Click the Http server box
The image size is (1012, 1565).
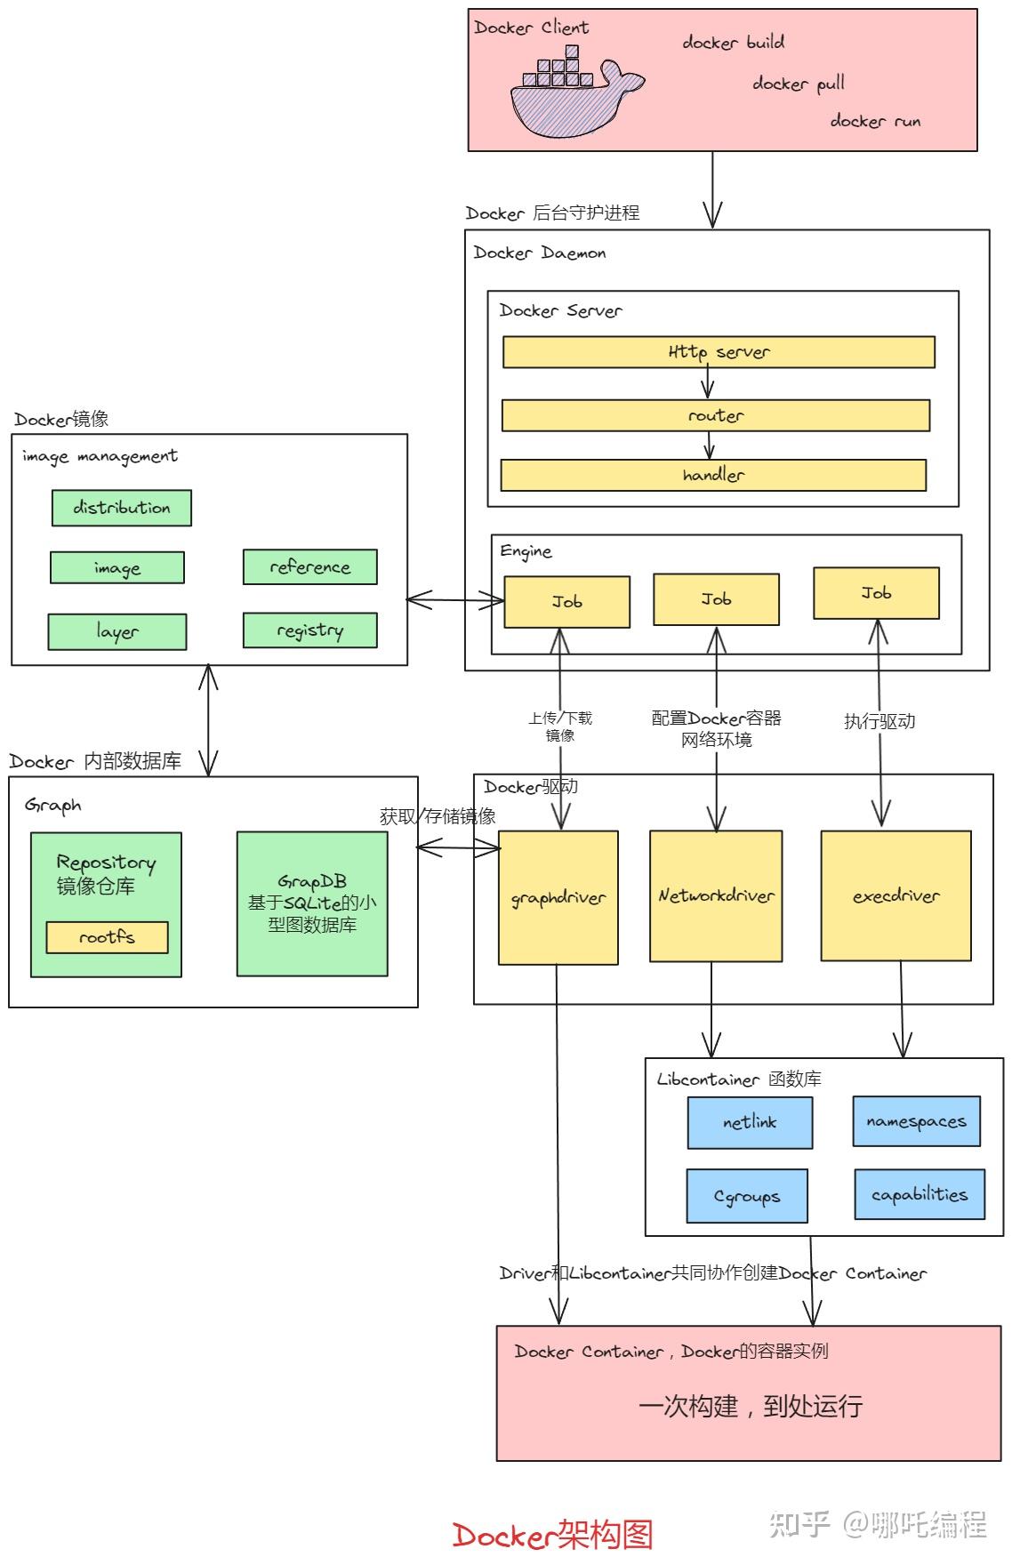[x=719, y=352]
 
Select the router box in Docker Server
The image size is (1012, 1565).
[x=716, y=415]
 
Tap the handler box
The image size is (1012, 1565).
[x=713, y=475]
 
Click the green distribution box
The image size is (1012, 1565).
[x=121, y=508]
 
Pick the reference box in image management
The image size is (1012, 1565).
[x=310, y=566]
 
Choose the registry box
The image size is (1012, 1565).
[x=310, y=630]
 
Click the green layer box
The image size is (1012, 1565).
[x=117, y=631]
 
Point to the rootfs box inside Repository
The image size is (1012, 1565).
[x=107, y=937]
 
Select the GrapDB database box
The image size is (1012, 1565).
[x=312, y=903]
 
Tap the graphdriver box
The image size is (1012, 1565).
[x=558, y=898]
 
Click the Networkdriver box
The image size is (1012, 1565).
[x=716, y=896]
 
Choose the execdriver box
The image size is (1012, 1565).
[x=896, y=896]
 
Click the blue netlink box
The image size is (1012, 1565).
[x=750, y=1122]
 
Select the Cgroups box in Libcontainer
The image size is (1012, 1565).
[x=747, y=1196]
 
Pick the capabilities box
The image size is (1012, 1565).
[x=920, y=1194]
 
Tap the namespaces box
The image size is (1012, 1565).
[x=917, y=1121]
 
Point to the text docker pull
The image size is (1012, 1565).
[x=799, y=84]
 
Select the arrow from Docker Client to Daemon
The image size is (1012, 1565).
[x=712, y=189]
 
